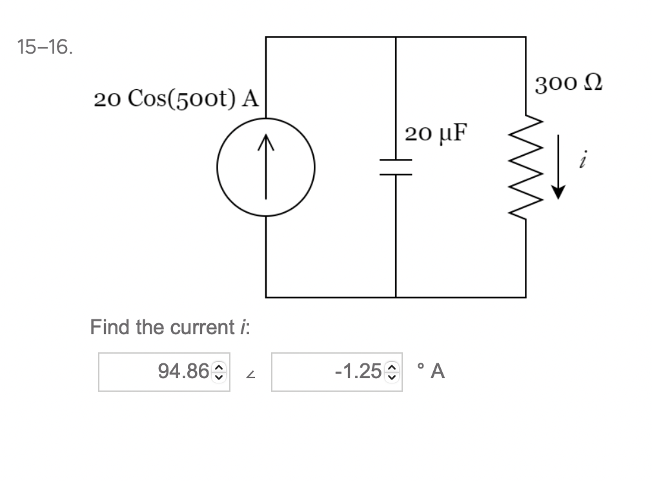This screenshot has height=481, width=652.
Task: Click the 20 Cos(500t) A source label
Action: tap(176, 99)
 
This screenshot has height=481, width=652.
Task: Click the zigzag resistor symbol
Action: tap(525, 167)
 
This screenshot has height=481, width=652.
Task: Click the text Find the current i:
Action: tap(170, 327)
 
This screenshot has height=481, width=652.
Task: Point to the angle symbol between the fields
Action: tap(250, 373)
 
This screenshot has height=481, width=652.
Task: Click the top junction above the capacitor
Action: tap(396, 37)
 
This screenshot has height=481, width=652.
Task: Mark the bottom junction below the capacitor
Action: tap(396, 297)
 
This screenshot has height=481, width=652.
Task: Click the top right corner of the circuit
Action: tap(525, 37)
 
